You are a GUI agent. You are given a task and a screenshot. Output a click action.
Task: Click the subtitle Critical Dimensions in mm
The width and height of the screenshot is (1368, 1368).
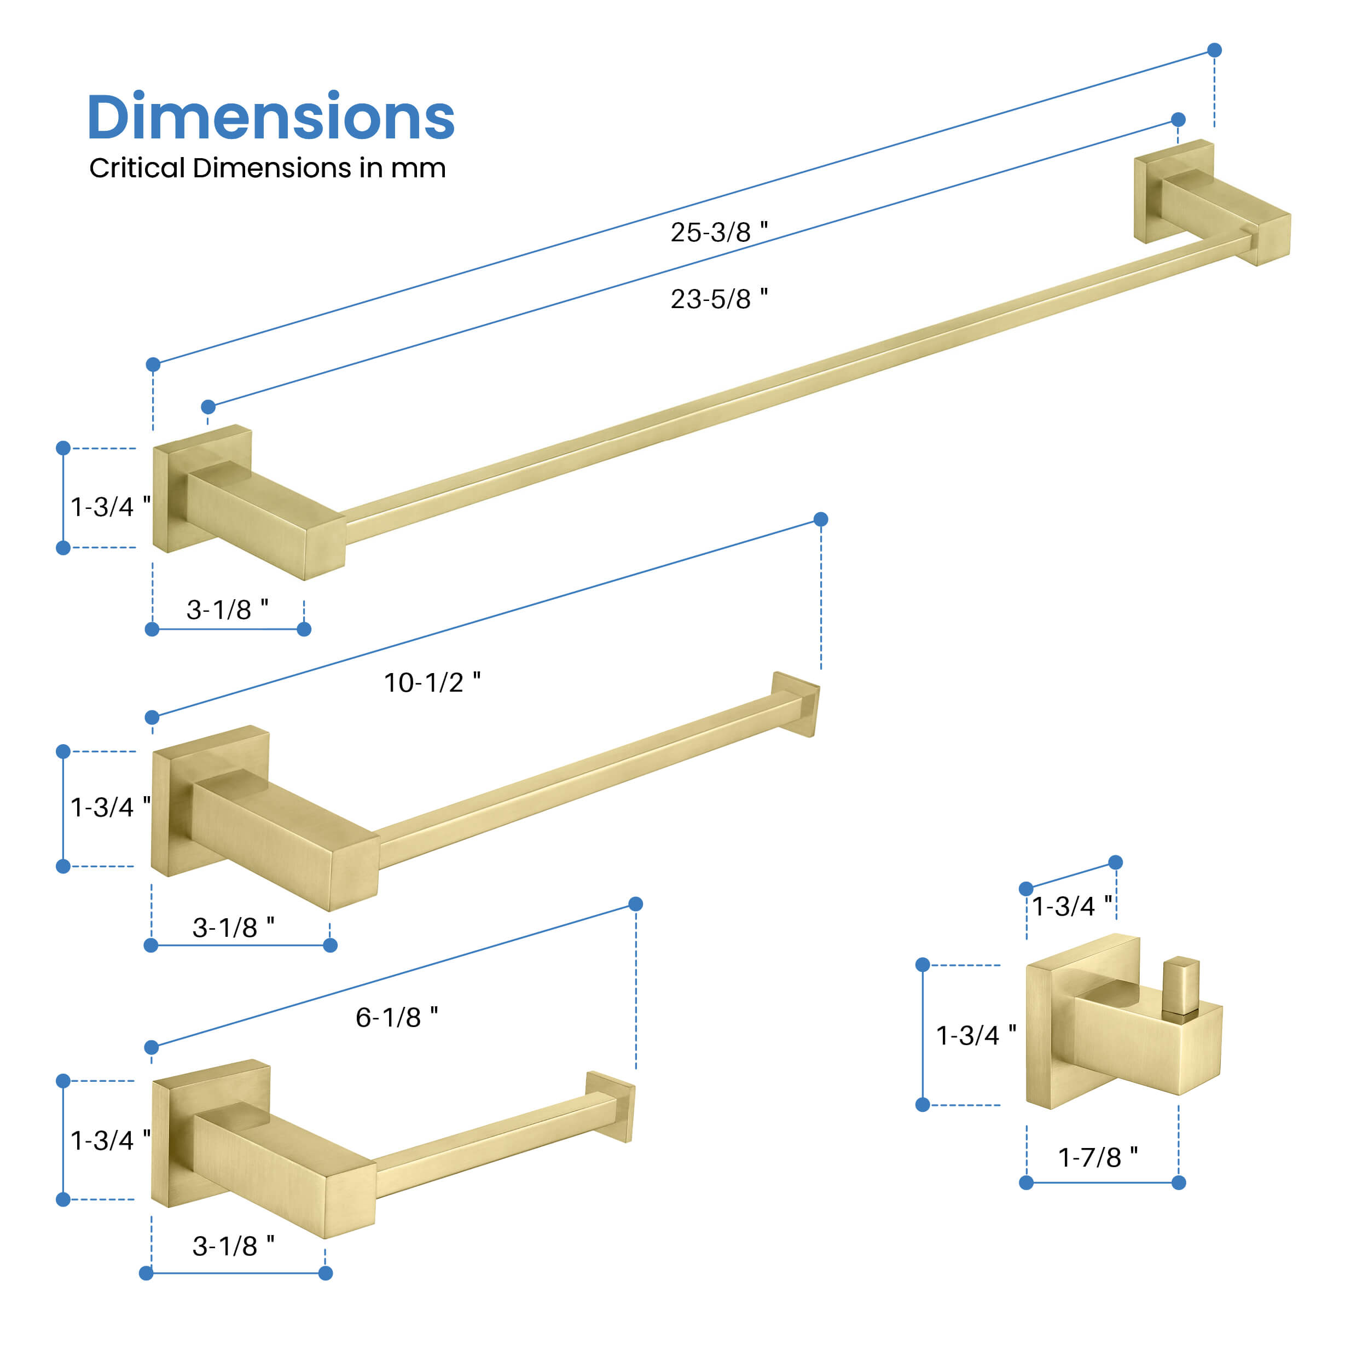(268, 168)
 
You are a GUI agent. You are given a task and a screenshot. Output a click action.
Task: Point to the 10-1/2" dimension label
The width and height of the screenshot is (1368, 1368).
(432, 682)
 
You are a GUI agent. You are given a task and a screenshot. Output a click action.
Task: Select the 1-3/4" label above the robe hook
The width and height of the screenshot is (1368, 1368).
(1072, 906)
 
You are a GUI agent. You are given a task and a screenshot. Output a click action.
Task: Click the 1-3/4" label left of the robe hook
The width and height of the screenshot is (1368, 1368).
(976, 1035)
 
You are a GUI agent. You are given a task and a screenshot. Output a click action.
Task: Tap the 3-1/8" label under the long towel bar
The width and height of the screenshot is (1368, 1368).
(227, 609)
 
